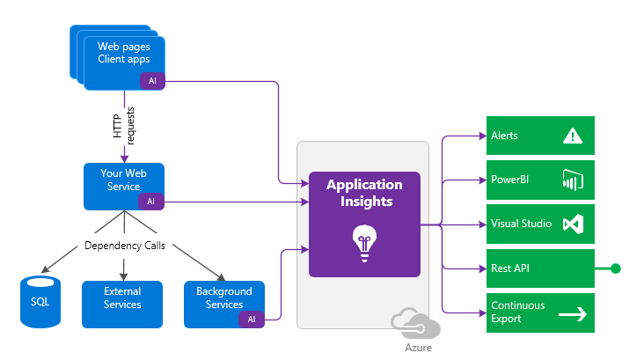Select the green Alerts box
pos(540,136)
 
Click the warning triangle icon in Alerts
pos(573,136)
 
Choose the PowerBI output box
pos(540,180)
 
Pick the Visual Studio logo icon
pos(573,224)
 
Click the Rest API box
pos(540,268)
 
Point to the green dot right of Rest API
pos(616,268)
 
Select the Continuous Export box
pos(540,312)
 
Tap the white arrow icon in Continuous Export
pos(573,312)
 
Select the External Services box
pos(122,298)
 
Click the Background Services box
pos(223,298)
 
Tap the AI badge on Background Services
pos(251,319)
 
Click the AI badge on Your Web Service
pos(150,202)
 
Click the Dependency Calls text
pos(124,246)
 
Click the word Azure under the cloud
pos(418,347)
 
